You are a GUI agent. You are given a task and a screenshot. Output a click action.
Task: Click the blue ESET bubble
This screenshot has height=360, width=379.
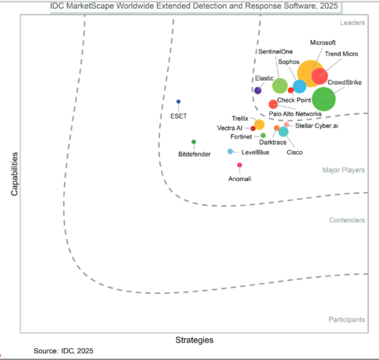coord(178,101)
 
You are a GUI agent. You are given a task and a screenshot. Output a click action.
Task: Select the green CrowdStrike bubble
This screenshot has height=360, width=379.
coord(323,99)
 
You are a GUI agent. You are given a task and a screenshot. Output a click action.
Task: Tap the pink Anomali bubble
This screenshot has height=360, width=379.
coord(240,165)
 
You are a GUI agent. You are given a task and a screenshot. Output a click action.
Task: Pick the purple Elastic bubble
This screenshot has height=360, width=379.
coord(258,90)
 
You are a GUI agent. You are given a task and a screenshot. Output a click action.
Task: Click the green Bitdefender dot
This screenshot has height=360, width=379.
coord(194,142)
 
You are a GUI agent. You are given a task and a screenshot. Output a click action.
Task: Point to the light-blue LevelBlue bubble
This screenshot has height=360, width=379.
coord(230,152)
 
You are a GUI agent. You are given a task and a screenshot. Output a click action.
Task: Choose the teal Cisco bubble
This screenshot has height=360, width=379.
coord(283,132)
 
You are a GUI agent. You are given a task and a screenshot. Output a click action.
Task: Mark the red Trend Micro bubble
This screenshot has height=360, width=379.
coord(320,76)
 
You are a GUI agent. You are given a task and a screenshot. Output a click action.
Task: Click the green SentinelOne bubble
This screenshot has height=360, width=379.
coord(280,85)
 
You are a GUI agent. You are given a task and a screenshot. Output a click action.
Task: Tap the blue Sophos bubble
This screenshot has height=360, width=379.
coord(299,86)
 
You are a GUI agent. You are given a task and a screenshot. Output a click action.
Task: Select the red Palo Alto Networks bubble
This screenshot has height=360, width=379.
coord(273,104)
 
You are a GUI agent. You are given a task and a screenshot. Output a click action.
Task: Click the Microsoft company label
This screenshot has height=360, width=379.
coord(323,43)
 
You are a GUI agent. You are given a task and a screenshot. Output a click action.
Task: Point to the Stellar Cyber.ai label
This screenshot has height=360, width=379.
coord(316,126)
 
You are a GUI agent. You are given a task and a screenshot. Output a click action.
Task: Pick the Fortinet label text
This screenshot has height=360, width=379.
coord(241,137)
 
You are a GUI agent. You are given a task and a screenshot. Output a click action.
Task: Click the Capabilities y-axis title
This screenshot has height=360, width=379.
coord(15,174)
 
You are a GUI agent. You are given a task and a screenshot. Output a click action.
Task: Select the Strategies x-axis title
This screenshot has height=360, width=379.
coord(194,340)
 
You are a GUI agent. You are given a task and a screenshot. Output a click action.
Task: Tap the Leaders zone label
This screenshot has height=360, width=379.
coord(352,23)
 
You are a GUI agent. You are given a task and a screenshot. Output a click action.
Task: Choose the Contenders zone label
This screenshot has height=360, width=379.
coord(347,220)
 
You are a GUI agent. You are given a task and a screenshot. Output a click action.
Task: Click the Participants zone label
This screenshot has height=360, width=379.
coord(347,320)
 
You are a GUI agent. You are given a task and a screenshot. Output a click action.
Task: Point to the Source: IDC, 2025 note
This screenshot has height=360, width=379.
coord(63,351)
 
